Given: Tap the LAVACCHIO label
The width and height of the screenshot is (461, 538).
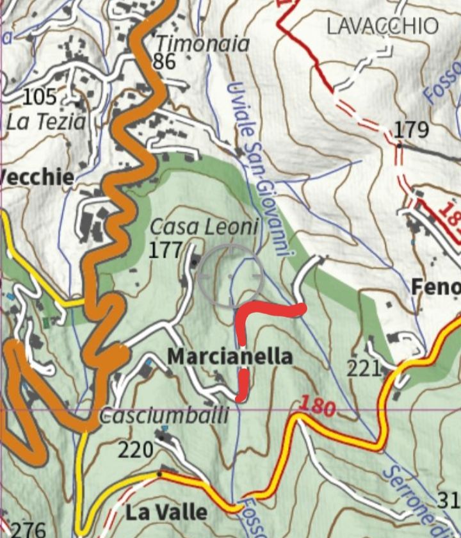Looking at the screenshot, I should tap(382, 26).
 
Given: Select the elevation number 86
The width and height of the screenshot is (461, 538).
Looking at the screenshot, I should tap(165, 61).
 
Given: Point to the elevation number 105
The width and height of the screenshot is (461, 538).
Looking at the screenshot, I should tap(40, 97).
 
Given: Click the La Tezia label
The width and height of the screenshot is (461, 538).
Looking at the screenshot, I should tap(45, 122).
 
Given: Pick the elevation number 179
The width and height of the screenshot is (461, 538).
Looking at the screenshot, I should tap(410, 129).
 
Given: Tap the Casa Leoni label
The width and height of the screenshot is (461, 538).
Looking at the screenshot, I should tap(204, 227).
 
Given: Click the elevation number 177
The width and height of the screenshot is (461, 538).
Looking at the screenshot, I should tap(165, 250).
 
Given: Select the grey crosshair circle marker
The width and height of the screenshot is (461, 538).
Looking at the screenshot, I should tap(230, 275).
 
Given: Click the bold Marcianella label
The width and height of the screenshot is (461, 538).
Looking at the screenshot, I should tap(230, 357).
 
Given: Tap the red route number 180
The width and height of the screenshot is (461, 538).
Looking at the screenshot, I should tap(317, 406).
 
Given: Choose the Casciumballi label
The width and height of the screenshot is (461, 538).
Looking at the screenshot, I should tap(164, 416).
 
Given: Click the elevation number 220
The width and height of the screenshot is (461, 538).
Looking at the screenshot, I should tap(135, 450).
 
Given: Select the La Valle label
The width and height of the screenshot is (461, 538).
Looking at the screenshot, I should tap(166, 512).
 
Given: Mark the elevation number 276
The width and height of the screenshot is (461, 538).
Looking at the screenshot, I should tap(29, 530).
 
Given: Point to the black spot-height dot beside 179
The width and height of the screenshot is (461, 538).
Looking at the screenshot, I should tap(399, 145).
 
